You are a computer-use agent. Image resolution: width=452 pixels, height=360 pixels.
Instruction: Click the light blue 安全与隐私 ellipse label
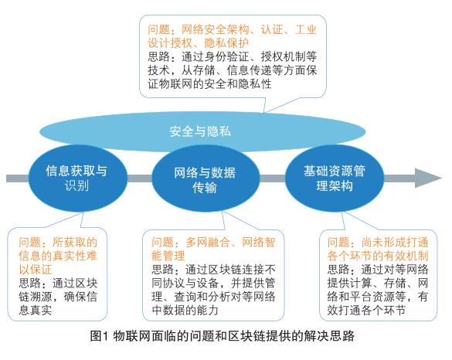[200, 131]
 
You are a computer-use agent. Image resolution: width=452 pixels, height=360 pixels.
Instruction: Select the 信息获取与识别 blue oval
[77, 178]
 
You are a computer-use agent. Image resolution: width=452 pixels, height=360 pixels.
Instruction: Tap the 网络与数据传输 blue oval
[205, 179]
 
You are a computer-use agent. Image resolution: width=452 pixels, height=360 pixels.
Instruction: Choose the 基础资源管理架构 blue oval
[335, 178]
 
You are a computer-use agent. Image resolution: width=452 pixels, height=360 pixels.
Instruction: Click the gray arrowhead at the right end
[428, 178]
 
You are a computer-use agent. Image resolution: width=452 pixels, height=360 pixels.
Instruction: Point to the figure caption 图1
[99, 336]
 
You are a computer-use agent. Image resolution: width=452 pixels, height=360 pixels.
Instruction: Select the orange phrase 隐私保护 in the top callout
[226, 42]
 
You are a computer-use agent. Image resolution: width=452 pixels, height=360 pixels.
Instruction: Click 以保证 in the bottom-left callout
[36, 270]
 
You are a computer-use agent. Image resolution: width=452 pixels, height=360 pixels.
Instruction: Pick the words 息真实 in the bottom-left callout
[36, 310]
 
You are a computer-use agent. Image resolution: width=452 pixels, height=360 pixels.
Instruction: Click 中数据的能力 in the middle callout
[185, 310]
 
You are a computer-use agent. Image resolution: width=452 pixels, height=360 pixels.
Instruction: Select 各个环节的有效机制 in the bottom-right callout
[378, 256]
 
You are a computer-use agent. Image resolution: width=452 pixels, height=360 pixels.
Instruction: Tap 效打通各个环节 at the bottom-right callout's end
[366, 310]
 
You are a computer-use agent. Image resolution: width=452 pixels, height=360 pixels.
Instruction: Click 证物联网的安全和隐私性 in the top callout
[209, 84]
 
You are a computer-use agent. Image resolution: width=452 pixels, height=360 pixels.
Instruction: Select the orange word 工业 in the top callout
[306, 29]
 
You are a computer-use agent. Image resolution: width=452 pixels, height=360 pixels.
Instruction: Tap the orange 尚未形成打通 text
[395, 243]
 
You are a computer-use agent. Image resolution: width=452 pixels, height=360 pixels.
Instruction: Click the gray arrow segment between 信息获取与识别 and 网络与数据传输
[140, 178]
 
